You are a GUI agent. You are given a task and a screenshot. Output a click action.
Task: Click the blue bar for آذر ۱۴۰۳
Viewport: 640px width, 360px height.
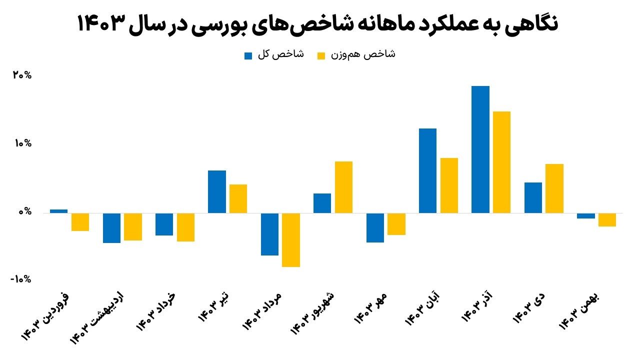480,149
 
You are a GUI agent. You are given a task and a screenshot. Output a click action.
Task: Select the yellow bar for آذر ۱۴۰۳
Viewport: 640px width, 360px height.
501,162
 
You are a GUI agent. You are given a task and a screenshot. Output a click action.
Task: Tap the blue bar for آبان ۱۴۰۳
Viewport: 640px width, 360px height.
427,170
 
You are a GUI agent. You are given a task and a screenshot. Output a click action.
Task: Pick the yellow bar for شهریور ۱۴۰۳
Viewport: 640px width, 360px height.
343,187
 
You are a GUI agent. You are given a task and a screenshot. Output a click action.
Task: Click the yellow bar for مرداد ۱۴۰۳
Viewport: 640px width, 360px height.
291,240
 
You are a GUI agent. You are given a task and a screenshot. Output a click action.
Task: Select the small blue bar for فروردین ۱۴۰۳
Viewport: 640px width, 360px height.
58,211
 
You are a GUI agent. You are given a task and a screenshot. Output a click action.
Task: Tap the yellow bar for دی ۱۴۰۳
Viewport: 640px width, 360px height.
554,188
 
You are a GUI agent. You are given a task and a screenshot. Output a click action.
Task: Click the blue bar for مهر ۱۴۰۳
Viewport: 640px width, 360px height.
375,227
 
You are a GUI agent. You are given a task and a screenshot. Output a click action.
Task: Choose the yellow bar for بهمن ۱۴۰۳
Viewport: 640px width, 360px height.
607,220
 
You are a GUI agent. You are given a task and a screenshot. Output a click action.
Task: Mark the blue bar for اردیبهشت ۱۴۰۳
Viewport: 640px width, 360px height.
111,228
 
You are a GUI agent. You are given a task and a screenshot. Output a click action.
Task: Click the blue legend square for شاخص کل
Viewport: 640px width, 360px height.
248,55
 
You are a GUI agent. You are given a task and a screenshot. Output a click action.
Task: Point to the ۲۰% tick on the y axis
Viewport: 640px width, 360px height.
22,75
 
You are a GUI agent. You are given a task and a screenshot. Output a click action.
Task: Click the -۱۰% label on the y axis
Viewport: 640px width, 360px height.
20,279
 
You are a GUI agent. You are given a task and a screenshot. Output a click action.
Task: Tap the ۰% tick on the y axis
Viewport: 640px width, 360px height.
24,212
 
